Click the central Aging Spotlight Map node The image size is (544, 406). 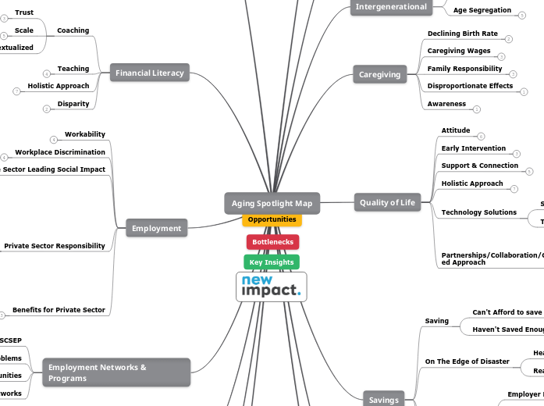(x=272, y=203)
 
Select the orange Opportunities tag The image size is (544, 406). (x=272, y=219)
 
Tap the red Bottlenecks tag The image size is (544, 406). (x=272, y=242)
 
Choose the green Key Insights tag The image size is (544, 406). (x=272, y=262)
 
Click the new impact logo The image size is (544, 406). (x=272, y=287)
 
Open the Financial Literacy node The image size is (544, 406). (x=150, y=73)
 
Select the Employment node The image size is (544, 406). (x=156, y=229)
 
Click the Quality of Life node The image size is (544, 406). (x=387, y=203)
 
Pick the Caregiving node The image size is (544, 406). (x=379, y=75)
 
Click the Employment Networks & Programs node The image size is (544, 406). (x=116, y=372)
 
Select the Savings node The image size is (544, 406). (x=384, y=400)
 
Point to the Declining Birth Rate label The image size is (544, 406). (x=462, y=34)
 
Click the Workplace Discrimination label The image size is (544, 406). (x=60, y=152)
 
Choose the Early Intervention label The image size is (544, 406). (x=473, y=148)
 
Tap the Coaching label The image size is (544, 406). (x=73, y=30)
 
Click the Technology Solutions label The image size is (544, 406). (x=478, y=212)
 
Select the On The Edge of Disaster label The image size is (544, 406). (x=466, y=361)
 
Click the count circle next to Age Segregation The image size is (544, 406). (x=522, y=15)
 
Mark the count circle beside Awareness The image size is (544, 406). (x=477, y=109)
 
